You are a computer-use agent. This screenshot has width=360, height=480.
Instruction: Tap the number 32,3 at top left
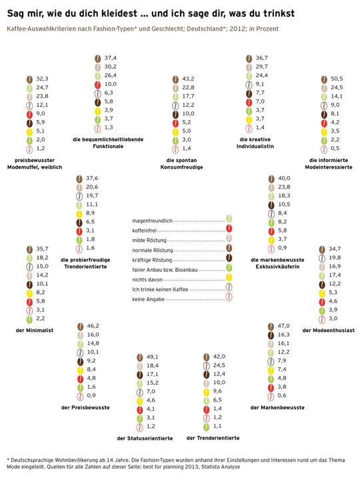pyautogui.click(x=43, y=79)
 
